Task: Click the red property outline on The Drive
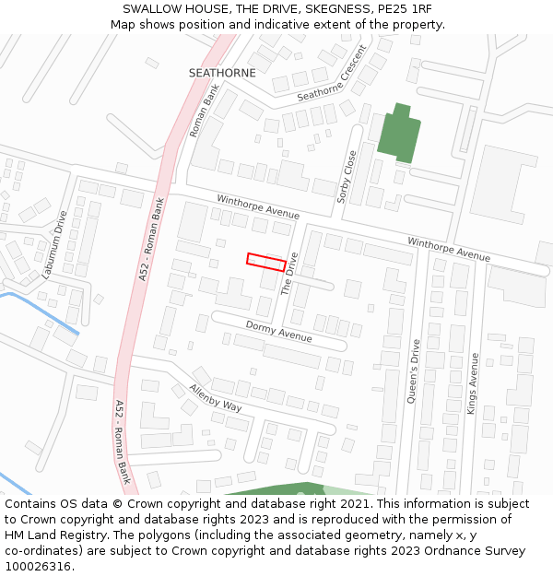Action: tap(266, 262)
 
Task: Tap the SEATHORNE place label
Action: tap(222, 72)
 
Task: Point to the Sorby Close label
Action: tap(347, 176)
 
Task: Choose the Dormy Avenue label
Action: tap(278, 332)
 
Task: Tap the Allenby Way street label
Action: tap(215, 398)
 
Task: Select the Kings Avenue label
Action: tap(474, 383)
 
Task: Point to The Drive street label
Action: tap(290, 274)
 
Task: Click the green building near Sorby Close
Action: tap(398, 136)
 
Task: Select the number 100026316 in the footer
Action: tap(38, 566)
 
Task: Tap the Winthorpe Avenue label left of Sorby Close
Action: tap(258, 206)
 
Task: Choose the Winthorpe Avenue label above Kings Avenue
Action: tap(449, 249)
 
